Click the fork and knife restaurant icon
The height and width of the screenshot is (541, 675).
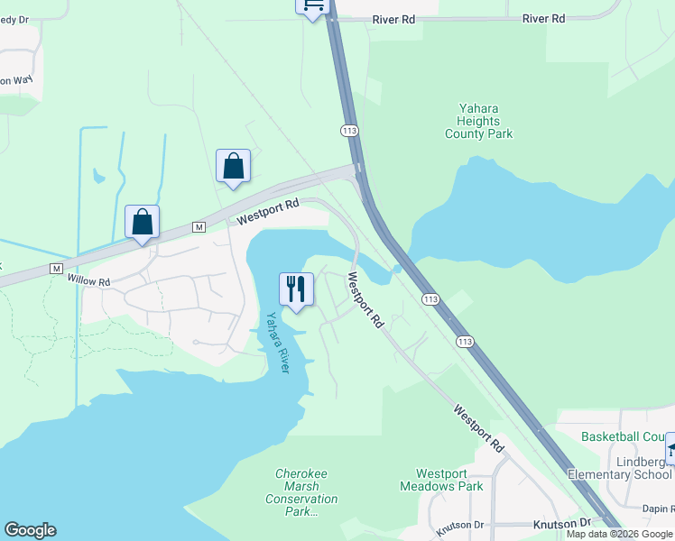(x=296, y=289)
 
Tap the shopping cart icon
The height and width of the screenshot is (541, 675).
(x=312, y=6)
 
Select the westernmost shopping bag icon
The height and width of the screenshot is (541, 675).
(x=143, y=222)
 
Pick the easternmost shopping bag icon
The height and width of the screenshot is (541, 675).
(x=233, y=166)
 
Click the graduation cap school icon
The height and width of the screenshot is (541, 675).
(x=670, y=449)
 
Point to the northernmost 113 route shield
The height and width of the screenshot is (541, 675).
(x=350, y=131)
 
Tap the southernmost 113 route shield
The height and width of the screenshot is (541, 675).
(x=465, y=341)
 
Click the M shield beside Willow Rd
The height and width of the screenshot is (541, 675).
(x=56, y=269)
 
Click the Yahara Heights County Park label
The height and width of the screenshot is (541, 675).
(x=478, y=121)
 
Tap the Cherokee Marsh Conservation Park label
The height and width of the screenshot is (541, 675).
(x=301, y=492)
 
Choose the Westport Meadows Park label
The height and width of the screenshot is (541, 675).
(x=442, y=480)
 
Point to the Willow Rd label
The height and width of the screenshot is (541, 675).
(x=88, y=281)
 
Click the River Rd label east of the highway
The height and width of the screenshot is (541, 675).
(x=543, y=18)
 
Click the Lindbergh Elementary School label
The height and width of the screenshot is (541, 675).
(x=621, y=468)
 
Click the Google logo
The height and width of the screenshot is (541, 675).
(x=30, y=530)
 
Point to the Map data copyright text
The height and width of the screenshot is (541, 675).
(x=619, y=534)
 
